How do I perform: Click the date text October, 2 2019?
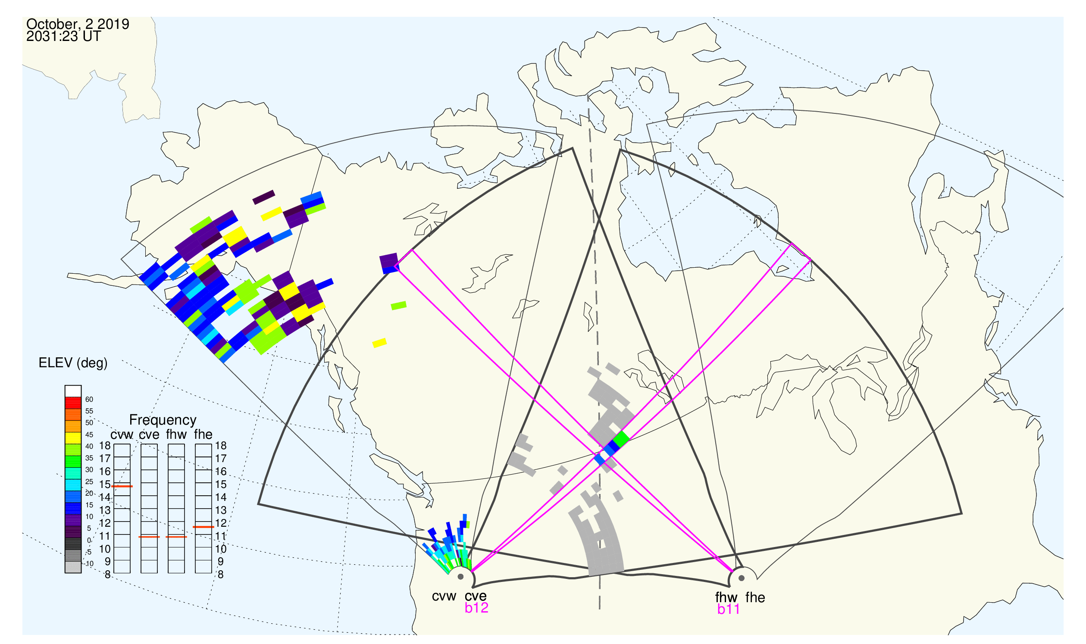pos(78,24)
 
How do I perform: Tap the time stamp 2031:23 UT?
pos(64,37)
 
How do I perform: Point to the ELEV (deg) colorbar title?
pos(73,363)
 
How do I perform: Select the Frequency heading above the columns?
pos(163,420)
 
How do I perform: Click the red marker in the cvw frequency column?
pos(122,487)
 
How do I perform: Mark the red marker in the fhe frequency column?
pos(203,527)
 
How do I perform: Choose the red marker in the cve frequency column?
pos(149,537)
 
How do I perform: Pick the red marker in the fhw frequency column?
pos(176,537)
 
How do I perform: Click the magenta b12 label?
pos(476,608)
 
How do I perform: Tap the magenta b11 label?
pos(728,609)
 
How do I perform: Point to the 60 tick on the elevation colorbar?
pos(89,399)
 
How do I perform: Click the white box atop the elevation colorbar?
pos(73,391)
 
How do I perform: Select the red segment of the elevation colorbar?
pos(73,403)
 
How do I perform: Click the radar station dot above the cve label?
pos(460,577)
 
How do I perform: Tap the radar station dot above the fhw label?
pos(742,578)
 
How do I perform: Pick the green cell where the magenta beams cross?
pos(621,439)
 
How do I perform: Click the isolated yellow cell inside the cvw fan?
pos(379,343)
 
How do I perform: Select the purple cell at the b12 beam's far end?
pos(389,262)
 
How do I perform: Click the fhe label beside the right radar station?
pos(755,597)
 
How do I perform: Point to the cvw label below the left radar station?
pos(444,596)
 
